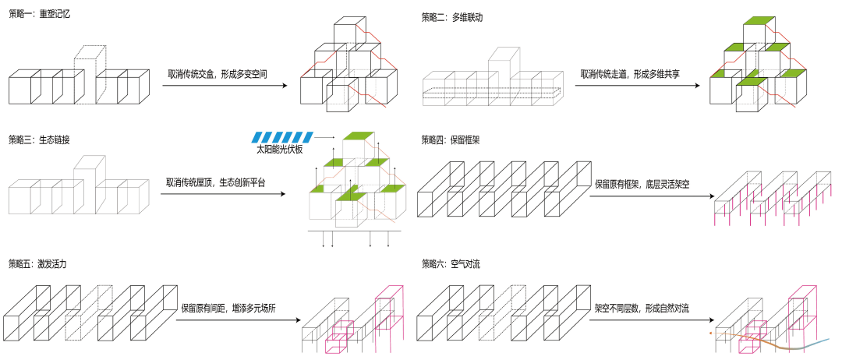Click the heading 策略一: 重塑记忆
point(39,15)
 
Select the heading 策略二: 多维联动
point(452,15)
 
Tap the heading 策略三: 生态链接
point(39,139)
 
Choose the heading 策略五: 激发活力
point(39,263)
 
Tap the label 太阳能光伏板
point(279,147)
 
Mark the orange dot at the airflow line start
point(709,332)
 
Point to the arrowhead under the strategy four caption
point(706,196)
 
